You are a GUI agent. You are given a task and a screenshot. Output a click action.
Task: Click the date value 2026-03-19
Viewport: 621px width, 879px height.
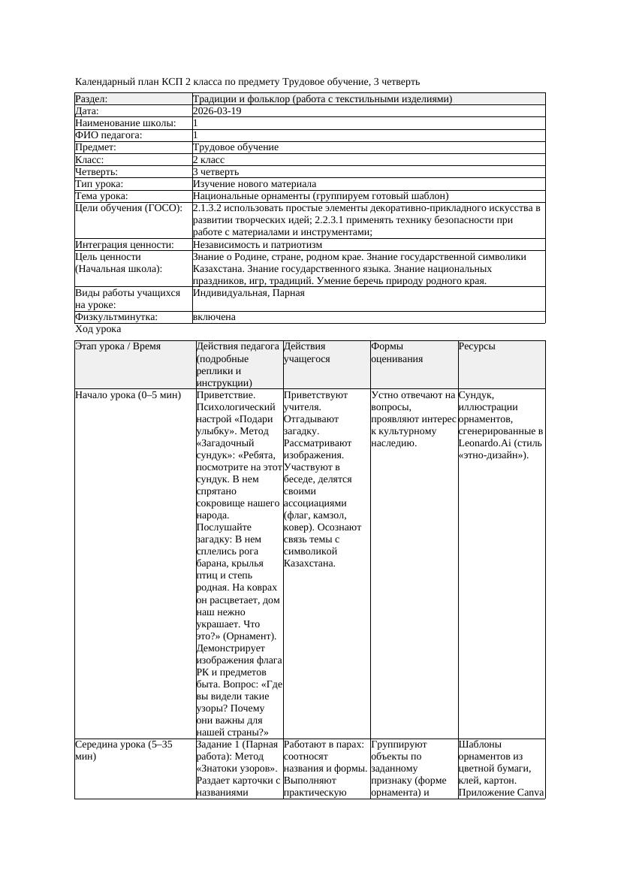point(217,111)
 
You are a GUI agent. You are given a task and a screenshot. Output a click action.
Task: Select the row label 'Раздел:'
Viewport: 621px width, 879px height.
point(92,99)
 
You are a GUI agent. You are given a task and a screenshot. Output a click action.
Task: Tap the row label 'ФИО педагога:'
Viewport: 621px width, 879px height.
point(109,135)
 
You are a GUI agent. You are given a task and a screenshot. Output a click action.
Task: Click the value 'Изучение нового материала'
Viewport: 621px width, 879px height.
point(255,184)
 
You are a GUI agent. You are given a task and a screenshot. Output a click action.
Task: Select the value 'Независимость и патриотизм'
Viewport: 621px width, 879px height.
point(258,245)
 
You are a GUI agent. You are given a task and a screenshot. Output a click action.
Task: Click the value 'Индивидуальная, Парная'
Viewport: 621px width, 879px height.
point(249,293)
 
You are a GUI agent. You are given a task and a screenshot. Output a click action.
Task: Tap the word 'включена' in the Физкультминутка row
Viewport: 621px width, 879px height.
point(214,317)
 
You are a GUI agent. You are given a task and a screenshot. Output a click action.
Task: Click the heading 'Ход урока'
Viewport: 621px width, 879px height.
point(98,329)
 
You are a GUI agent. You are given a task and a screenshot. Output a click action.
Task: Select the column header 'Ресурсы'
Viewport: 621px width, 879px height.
point(477,347)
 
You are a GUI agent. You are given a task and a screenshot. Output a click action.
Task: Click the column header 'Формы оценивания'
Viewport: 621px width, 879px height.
point(398,353)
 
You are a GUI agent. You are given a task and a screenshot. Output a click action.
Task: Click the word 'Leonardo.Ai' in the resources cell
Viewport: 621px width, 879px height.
point(484,443)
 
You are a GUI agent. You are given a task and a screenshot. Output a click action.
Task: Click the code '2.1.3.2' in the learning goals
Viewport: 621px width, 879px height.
point(210,208)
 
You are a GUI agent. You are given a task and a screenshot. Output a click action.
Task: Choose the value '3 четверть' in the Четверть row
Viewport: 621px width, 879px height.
point(216,172)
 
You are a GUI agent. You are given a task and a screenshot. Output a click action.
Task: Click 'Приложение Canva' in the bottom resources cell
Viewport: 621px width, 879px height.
point(500,793)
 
